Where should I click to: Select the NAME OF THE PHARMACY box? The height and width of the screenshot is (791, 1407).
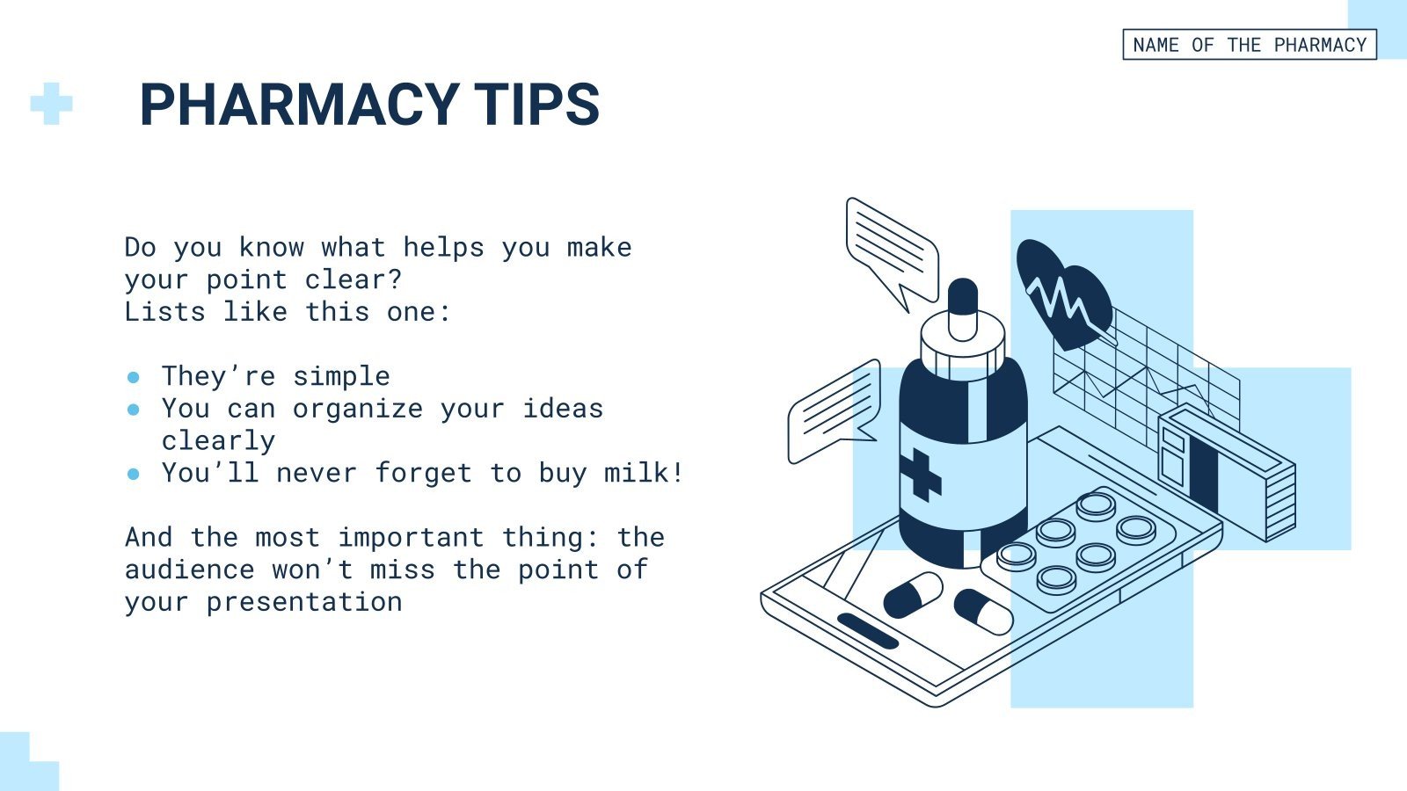click(1249, 45)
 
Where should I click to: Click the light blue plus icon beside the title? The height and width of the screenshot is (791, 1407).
click(51, 104)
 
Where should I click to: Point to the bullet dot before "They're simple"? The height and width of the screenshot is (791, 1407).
click(134, 377)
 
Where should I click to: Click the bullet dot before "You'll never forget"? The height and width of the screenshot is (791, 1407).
click(134, 474)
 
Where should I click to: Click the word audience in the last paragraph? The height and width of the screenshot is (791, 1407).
click(190, 570)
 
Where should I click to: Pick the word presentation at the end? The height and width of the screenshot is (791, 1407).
click(304, 602)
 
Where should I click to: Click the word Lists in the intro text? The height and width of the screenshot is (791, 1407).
click(165, 312)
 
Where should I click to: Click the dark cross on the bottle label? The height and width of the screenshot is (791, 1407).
click(920, 475)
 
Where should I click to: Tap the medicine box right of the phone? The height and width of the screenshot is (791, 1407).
click(1227, 470)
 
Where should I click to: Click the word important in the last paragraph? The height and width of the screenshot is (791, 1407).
click(411, 537)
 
